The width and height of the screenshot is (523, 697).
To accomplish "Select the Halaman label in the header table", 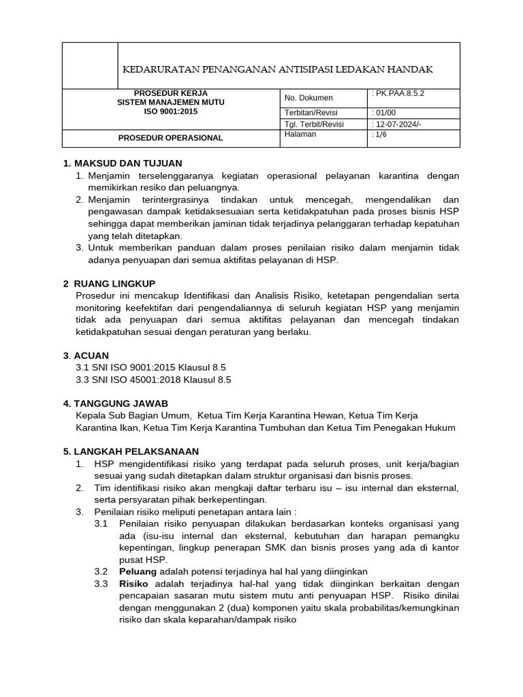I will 300,135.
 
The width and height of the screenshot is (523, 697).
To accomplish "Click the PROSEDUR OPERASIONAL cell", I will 170,137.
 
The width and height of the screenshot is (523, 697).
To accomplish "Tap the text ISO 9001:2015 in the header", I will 170,112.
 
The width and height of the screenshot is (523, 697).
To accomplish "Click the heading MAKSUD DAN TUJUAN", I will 128,163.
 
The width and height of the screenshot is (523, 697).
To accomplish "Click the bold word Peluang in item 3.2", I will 138,570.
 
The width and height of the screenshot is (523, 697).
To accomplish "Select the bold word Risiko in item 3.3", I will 134,583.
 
